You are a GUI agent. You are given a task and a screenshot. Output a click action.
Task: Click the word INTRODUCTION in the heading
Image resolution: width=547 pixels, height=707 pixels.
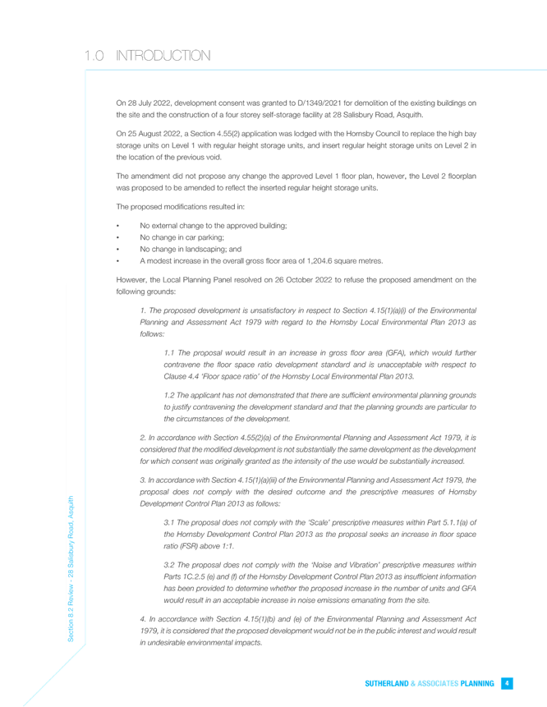click(x=163, y=56)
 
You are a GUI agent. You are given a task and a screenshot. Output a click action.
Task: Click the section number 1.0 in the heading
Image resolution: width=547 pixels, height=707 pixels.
click(x=94, y=56)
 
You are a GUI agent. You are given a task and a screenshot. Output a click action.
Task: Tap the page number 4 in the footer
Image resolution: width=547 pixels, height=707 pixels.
click(x=507, y=683)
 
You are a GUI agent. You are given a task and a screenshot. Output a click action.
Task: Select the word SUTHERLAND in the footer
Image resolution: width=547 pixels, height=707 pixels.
click(x=387, y=683)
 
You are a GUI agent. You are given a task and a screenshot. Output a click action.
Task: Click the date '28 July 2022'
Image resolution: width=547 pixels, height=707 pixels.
click(x=149, y=103)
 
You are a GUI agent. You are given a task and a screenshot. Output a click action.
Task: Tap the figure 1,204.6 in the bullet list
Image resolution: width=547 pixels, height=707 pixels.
click(x=319, y=260)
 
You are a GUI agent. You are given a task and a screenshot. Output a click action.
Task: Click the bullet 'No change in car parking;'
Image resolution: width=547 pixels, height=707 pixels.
click(x=182, y=237)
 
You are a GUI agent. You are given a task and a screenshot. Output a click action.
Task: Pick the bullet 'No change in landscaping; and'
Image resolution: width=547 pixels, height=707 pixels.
click(x=191, y=249)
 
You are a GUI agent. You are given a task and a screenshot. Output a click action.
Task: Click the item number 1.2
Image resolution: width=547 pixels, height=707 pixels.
click(x=168, y=395)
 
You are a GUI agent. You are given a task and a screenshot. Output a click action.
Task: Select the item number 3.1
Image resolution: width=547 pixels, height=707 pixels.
click(x=168, y=522)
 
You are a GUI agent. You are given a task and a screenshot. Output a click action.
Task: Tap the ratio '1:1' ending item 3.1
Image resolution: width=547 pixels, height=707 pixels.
click(x=228, y=545)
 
